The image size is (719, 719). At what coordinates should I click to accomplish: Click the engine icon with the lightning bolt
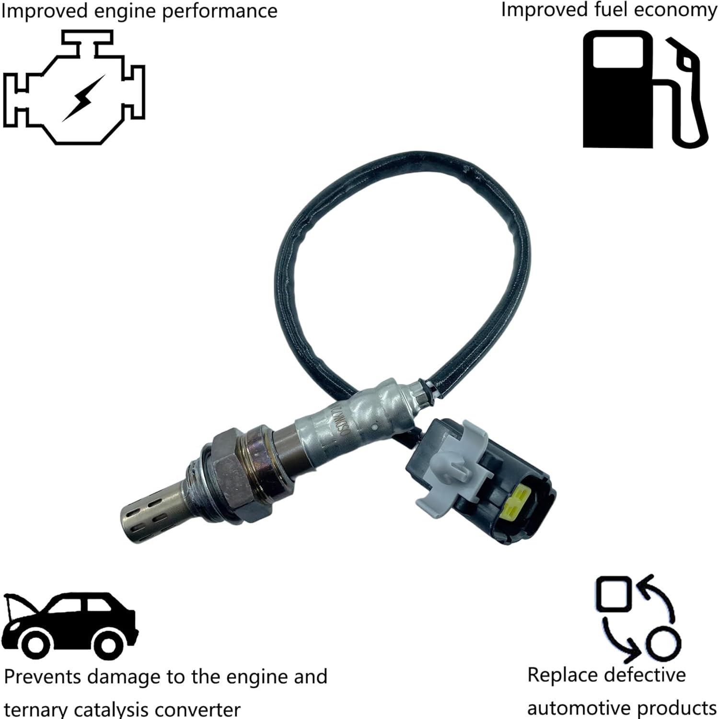pos(74,89)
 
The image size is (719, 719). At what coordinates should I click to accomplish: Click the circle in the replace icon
pos(663,642)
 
